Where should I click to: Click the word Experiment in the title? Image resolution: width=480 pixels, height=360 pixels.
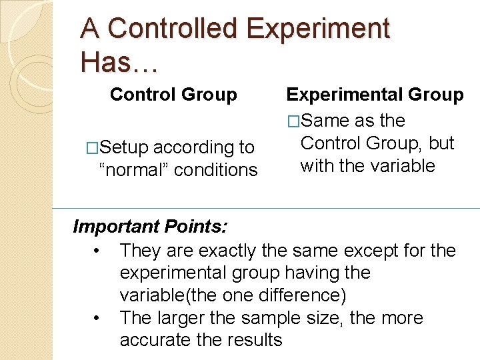[317, 29]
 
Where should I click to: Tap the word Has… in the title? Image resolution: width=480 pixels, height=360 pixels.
[118, 62]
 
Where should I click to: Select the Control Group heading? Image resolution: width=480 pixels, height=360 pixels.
[173, 95]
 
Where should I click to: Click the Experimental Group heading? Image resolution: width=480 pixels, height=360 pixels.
[375, 95]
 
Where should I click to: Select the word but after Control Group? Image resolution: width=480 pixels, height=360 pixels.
[441, 143]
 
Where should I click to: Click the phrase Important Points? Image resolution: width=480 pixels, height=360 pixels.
[150, 227]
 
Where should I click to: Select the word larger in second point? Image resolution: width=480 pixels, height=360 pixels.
[189, 318]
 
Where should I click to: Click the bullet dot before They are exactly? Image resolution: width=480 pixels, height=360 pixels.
[97, 251]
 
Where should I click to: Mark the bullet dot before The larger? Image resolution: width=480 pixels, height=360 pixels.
[97, 319]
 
